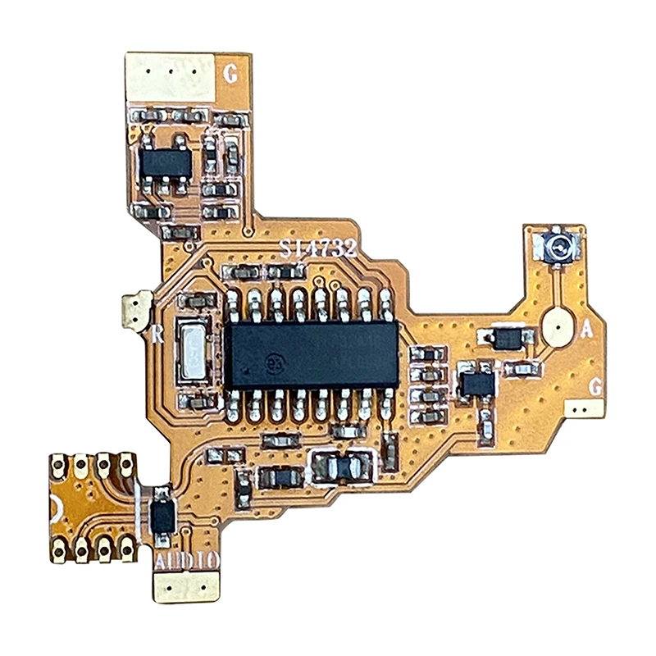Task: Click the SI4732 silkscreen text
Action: point(317,248)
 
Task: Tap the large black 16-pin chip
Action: point(312,354)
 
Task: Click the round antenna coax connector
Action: point(559,244)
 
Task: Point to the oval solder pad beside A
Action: point(557,328)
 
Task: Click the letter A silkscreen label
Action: point(586,330)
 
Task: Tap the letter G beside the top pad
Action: point(231,75)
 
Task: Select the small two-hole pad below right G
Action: point(584,407)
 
